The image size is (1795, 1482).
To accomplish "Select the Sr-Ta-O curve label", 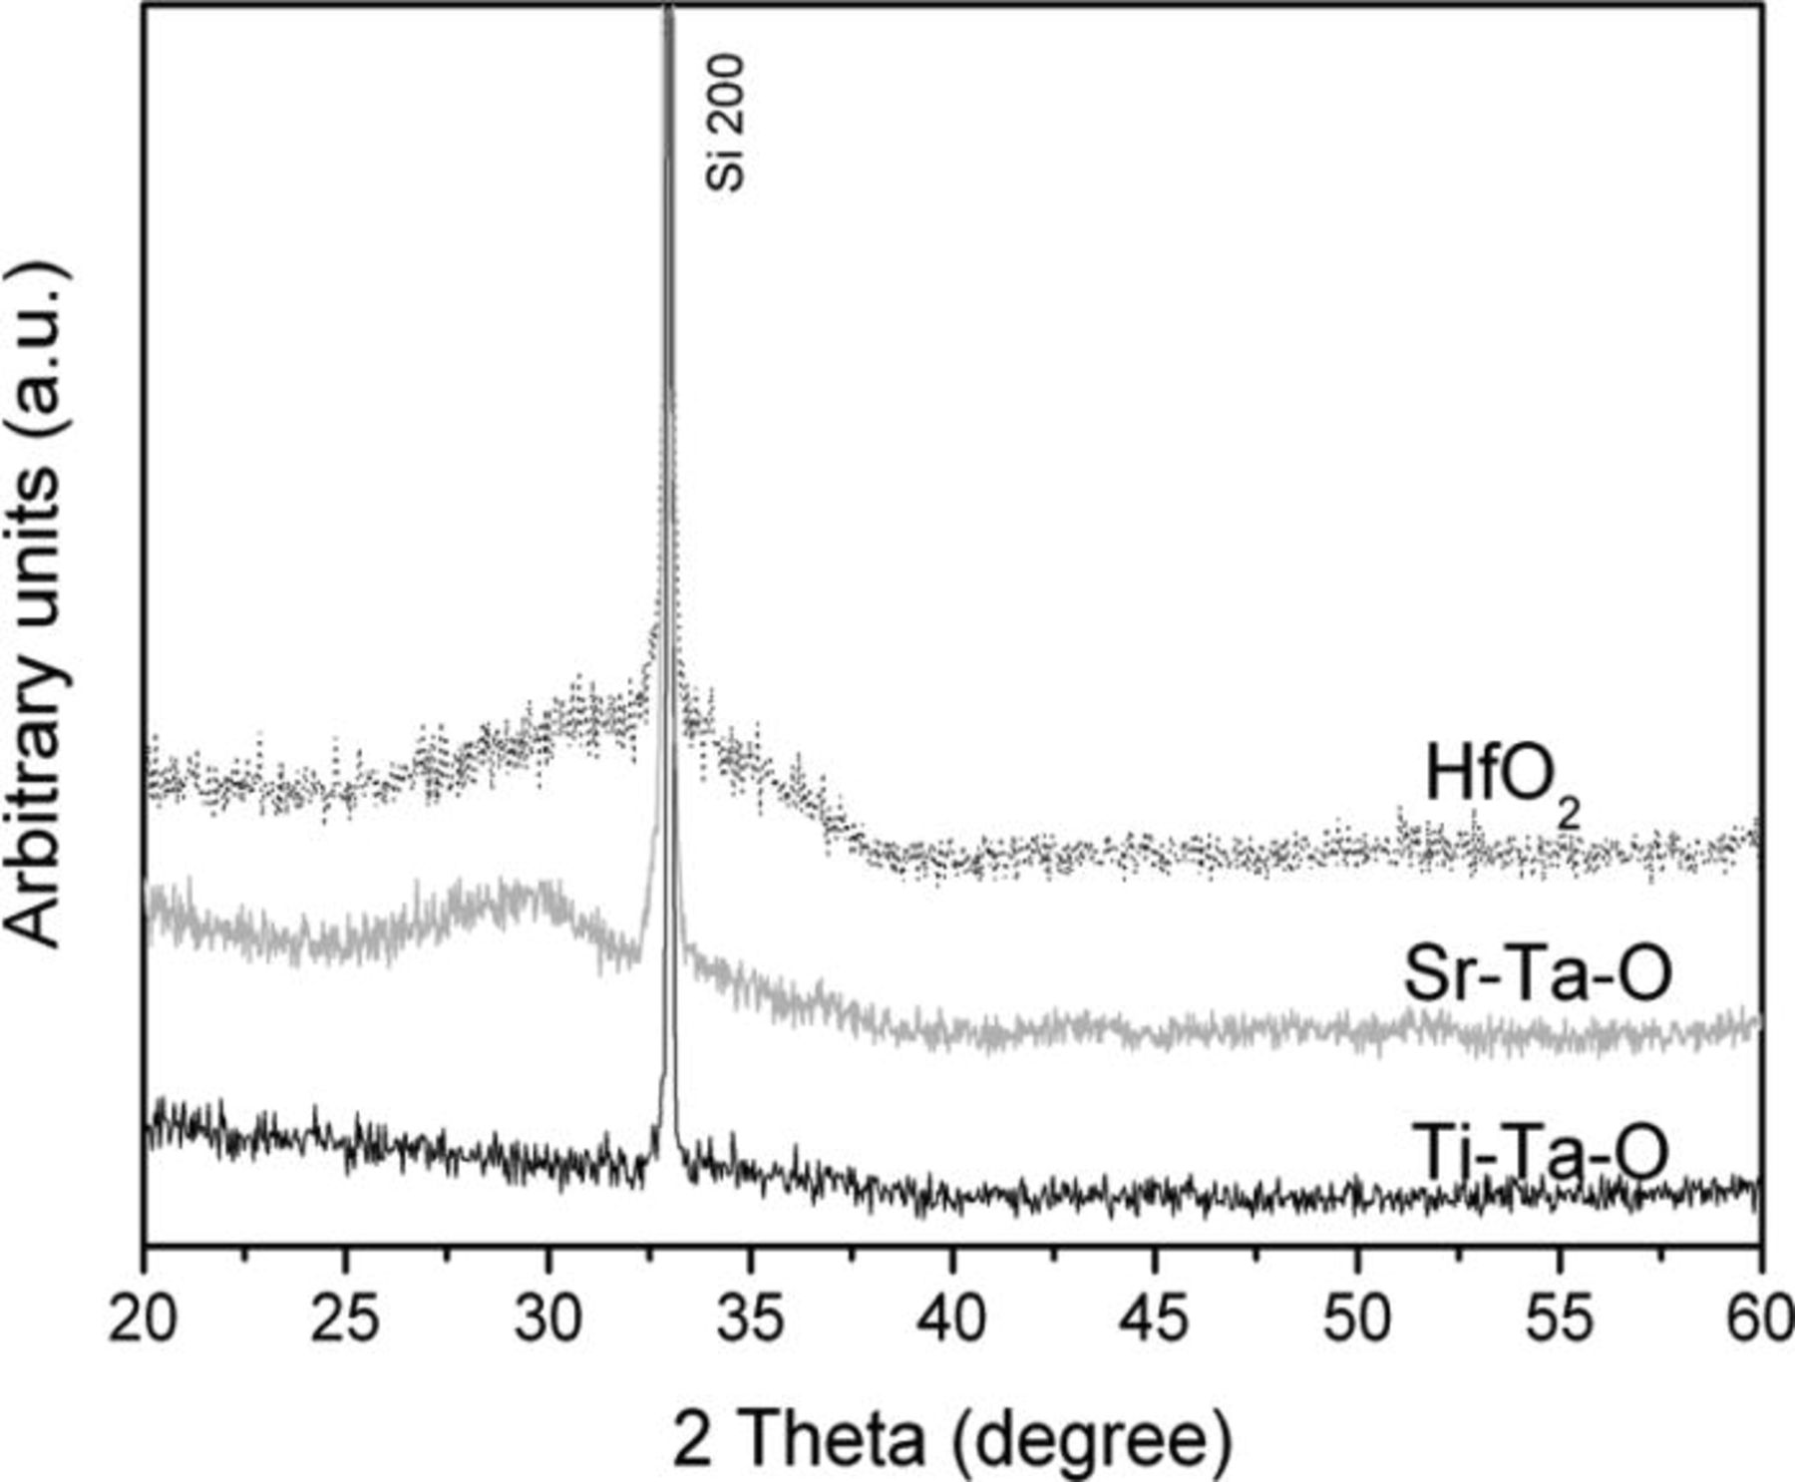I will [1537, 974].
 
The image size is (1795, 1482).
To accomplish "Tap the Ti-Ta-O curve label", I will [1540, 1153].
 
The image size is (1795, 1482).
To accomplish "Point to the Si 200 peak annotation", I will [726, 122].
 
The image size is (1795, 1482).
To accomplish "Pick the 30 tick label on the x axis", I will [548, 1318].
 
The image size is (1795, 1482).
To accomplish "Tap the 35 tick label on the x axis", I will [750, 1318].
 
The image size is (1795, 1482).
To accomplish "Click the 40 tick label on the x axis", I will [952, 1318].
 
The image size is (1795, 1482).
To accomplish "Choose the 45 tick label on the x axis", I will [1155, 1318].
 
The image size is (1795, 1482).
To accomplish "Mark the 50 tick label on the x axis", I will [1357, 1318].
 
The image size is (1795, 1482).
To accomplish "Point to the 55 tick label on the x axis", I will [1560, 1318].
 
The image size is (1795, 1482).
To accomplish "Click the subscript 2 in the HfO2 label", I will [1568, 816].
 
